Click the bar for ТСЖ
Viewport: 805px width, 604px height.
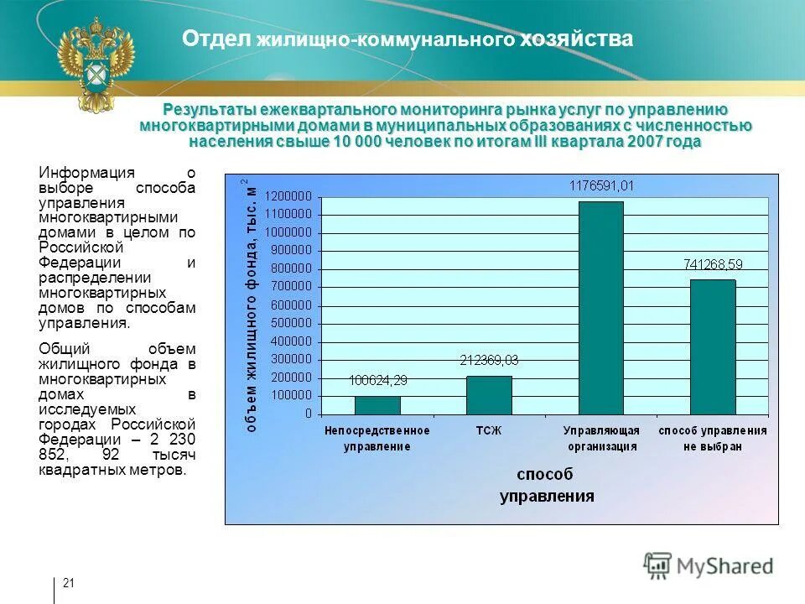point(489,395)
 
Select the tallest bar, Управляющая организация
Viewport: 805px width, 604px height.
point(600,308)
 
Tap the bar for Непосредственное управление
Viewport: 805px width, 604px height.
point(377,405)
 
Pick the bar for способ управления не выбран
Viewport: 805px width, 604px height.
point(712,346)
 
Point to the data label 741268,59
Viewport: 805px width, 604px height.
point(713,263)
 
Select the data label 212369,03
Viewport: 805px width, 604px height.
point(489,360)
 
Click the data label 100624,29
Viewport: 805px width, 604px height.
point(377,380)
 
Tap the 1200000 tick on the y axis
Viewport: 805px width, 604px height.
point(288,195)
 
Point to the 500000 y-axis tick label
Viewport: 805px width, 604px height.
point(291,323)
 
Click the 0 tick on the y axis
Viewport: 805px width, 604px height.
point(308,414)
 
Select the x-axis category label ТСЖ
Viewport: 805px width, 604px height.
point(489,430)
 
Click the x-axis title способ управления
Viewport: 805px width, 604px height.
point(547,486)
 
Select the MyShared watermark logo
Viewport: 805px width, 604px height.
point(709,565)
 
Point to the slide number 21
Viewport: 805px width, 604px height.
point(69,583)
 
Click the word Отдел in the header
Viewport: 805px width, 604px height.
point(217,39)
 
